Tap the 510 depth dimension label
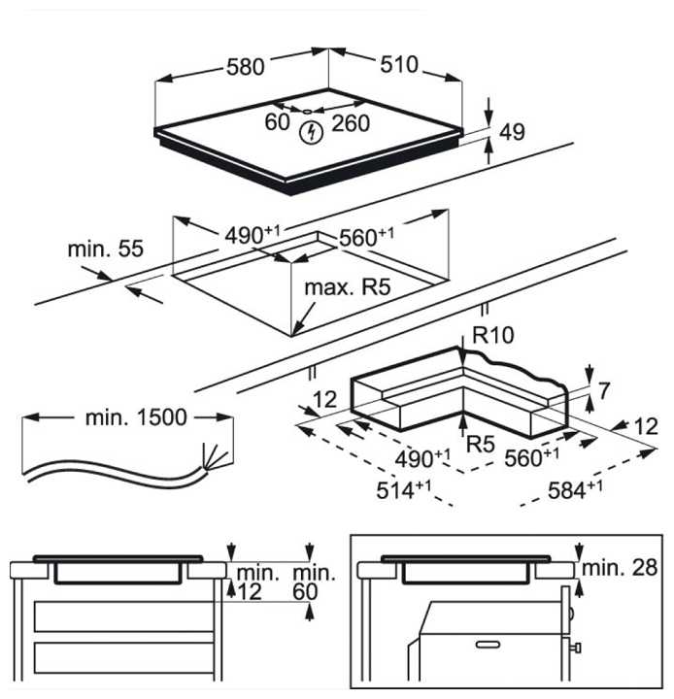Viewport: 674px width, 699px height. pos(397,65)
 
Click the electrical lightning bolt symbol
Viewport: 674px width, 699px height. pos(309,134)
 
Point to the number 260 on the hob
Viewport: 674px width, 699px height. pos(351,122)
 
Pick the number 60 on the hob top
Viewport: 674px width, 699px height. pos(278,122)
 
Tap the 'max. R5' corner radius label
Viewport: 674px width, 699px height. pos(346,288)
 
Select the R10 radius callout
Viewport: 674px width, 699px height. pos(492,336)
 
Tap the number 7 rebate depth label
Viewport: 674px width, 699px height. pos(604,391)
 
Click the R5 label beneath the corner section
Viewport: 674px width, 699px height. pos(482,445)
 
